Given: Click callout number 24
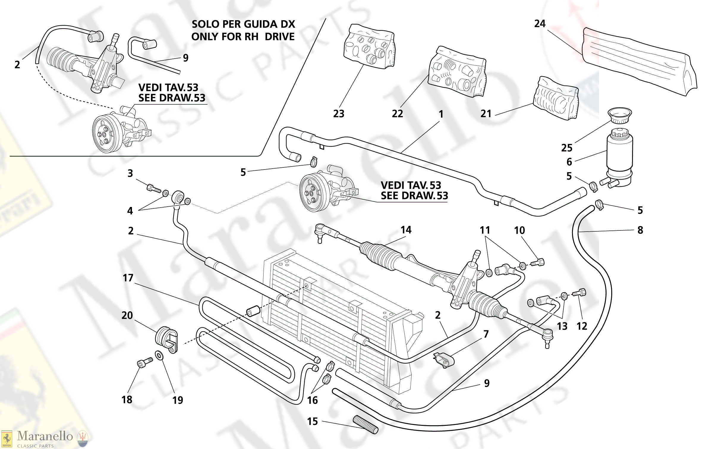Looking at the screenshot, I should click(540, 24).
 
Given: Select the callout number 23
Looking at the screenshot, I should click(338, 114).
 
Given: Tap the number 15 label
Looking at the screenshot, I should click(312, 421).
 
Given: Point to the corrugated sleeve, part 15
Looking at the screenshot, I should click(366, 425).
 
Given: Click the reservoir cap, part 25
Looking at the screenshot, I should click(620, 115).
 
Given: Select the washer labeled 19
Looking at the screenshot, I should click(159, 355).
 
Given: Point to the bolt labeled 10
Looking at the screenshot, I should click(538, 263).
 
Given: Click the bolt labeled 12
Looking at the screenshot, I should click(579, 293).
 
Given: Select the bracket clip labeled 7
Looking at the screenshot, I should click(444, 360).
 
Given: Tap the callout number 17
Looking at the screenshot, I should click(128, 278).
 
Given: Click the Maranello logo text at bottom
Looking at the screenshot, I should click(45, 436).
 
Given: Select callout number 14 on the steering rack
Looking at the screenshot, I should click(406, 230).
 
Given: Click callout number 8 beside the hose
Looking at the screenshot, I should click(640, 230).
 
